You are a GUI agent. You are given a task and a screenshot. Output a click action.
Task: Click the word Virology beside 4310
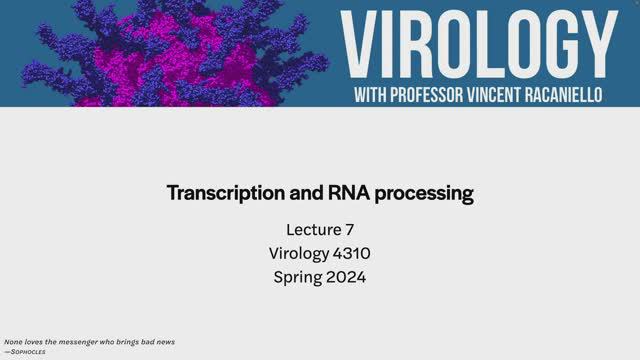298,254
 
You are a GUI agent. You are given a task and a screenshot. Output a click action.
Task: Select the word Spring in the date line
299,277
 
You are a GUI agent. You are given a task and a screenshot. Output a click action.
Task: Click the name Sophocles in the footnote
29,352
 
